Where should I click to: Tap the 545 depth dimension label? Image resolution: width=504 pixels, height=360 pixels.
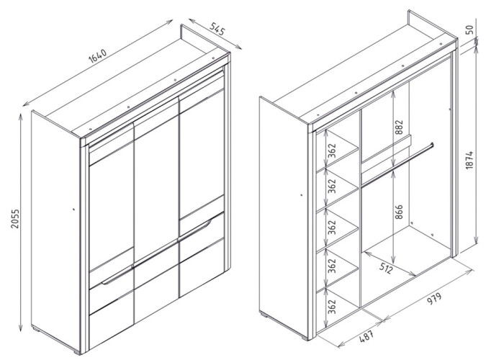(217, 30)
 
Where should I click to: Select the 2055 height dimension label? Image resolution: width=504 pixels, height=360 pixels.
(15, 219)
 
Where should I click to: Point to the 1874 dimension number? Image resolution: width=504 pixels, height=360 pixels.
(469, 160)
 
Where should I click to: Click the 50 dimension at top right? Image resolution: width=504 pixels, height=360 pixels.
(469, 30)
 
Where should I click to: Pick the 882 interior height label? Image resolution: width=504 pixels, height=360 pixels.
(399, 127)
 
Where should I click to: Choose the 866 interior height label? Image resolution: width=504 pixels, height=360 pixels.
(399, 212)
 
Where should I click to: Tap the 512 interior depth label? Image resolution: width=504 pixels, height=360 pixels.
(386, 268)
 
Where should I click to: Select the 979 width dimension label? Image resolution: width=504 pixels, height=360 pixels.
(434, 299)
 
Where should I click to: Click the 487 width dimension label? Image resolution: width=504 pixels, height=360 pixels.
(366, 336)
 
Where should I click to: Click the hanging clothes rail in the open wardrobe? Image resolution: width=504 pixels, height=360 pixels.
(397, 165)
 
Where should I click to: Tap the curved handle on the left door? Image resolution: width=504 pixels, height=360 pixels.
(117, 276)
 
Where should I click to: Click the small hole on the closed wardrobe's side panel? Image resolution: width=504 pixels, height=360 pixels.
(73, 210)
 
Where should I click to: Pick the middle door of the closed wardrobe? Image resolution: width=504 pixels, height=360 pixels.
(156, 210)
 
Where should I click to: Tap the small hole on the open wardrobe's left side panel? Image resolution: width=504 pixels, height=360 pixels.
(302, 195)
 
